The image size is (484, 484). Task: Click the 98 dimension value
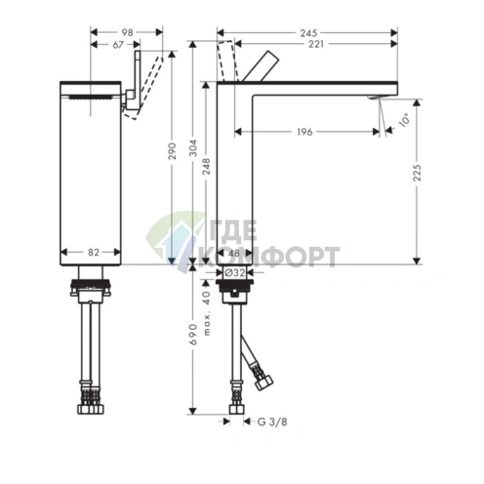pyautogui.click(x=127, y=32)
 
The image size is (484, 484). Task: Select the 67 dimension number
pyautogui.click(x=118, y=44)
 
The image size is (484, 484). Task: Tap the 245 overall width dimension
pyautogui.click(x=308, y=33)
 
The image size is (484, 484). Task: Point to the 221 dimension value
pyautogui.click(x=316, y=44)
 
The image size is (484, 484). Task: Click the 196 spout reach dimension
pyautogui.click(x=304, y=132)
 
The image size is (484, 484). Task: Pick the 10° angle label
pyautogui.click(x=404, y=121)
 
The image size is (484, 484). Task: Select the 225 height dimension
pyautogui.click(x=417, y=173)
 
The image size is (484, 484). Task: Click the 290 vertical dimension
pyautogui.click(x=173, y=151)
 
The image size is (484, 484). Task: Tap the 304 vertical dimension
pyautogui.click(x=193, y=148)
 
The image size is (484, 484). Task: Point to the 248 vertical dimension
pyautogui.click(x=207, y=167)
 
